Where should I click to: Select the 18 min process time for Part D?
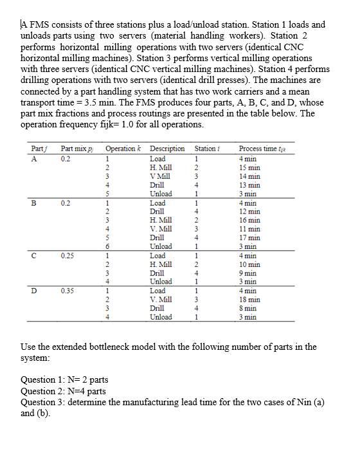[x=249, y=299]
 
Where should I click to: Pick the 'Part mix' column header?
[x=73, y=149]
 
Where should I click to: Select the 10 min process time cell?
[x=249, y=264]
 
